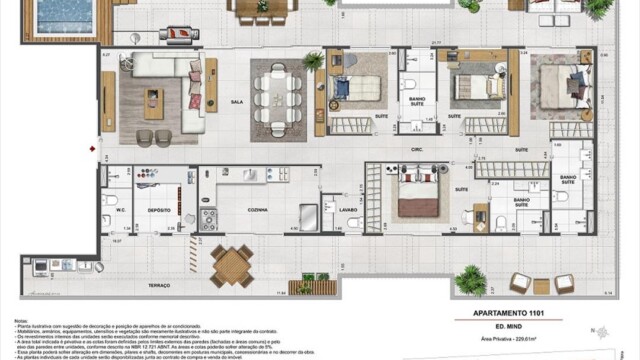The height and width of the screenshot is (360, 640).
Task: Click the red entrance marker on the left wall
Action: pos(92,149)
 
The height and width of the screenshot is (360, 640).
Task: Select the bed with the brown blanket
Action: pos(418,195)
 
